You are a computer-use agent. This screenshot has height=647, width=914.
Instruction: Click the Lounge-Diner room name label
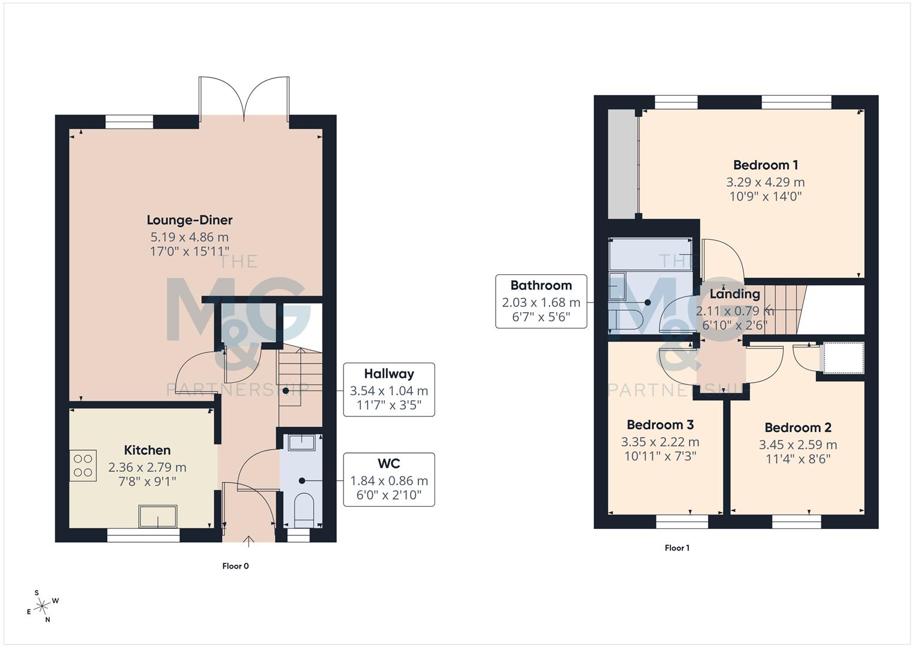[189, 220]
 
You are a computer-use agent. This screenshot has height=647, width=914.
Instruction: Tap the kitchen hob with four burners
[83, 465]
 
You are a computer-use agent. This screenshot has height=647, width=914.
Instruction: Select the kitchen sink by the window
[158, 516]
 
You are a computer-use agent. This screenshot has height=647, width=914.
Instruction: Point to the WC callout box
[388, 479]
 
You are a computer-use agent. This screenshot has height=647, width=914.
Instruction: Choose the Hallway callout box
[388, 389]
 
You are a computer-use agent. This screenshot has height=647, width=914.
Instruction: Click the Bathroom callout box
[541, 301]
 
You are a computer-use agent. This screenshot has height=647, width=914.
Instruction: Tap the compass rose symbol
[42, 606]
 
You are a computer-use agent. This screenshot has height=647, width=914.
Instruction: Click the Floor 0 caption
[235, 566]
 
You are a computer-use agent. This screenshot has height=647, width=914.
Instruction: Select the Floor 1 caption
[677, 548]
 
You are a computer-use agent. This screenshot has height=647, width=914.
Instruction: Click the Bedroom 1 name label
[765, 165]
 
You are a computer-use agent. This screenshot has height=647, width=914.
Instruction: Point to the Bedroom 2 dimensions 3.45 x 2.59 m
[797, 445]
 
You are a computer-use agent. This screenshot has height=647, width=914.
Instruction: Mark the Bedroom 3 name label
[660, 425]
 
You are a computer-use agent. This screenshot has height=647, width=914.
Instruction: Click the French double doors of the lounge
[244, 99]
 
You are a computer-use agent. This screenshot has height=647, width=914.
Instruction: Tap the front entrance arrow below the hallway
[248, 542]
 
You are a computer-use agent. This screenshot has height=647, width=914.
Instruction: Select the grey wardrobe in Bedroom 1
[623, 164]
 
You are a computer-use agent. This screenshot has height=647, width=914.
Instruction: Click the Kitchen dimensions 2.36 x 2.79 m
[147, 467]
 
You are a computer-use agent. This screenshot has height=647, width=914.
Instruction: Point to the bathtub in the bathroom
[650, 253]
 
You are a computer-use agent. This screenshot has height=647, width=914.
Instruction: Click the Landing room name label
[734, 294]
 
